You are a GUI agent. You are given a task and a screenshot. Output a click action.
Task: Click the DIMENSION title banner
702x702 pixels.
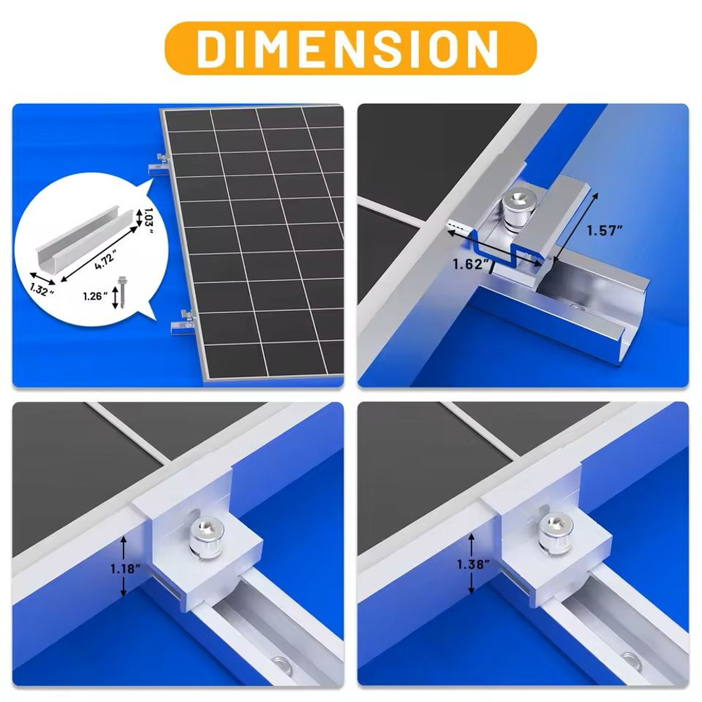(350, 48)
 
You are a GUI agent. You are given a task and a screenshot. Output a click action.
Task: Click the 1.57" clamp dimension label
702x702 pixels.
(604, 232)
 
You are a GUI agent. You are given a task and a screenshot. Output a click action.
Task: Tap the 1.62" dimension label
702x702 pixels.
(470, 264)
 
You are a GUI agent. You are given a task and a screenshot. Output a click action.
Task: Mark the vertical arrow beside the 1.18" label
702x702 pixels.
(123, 566)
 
